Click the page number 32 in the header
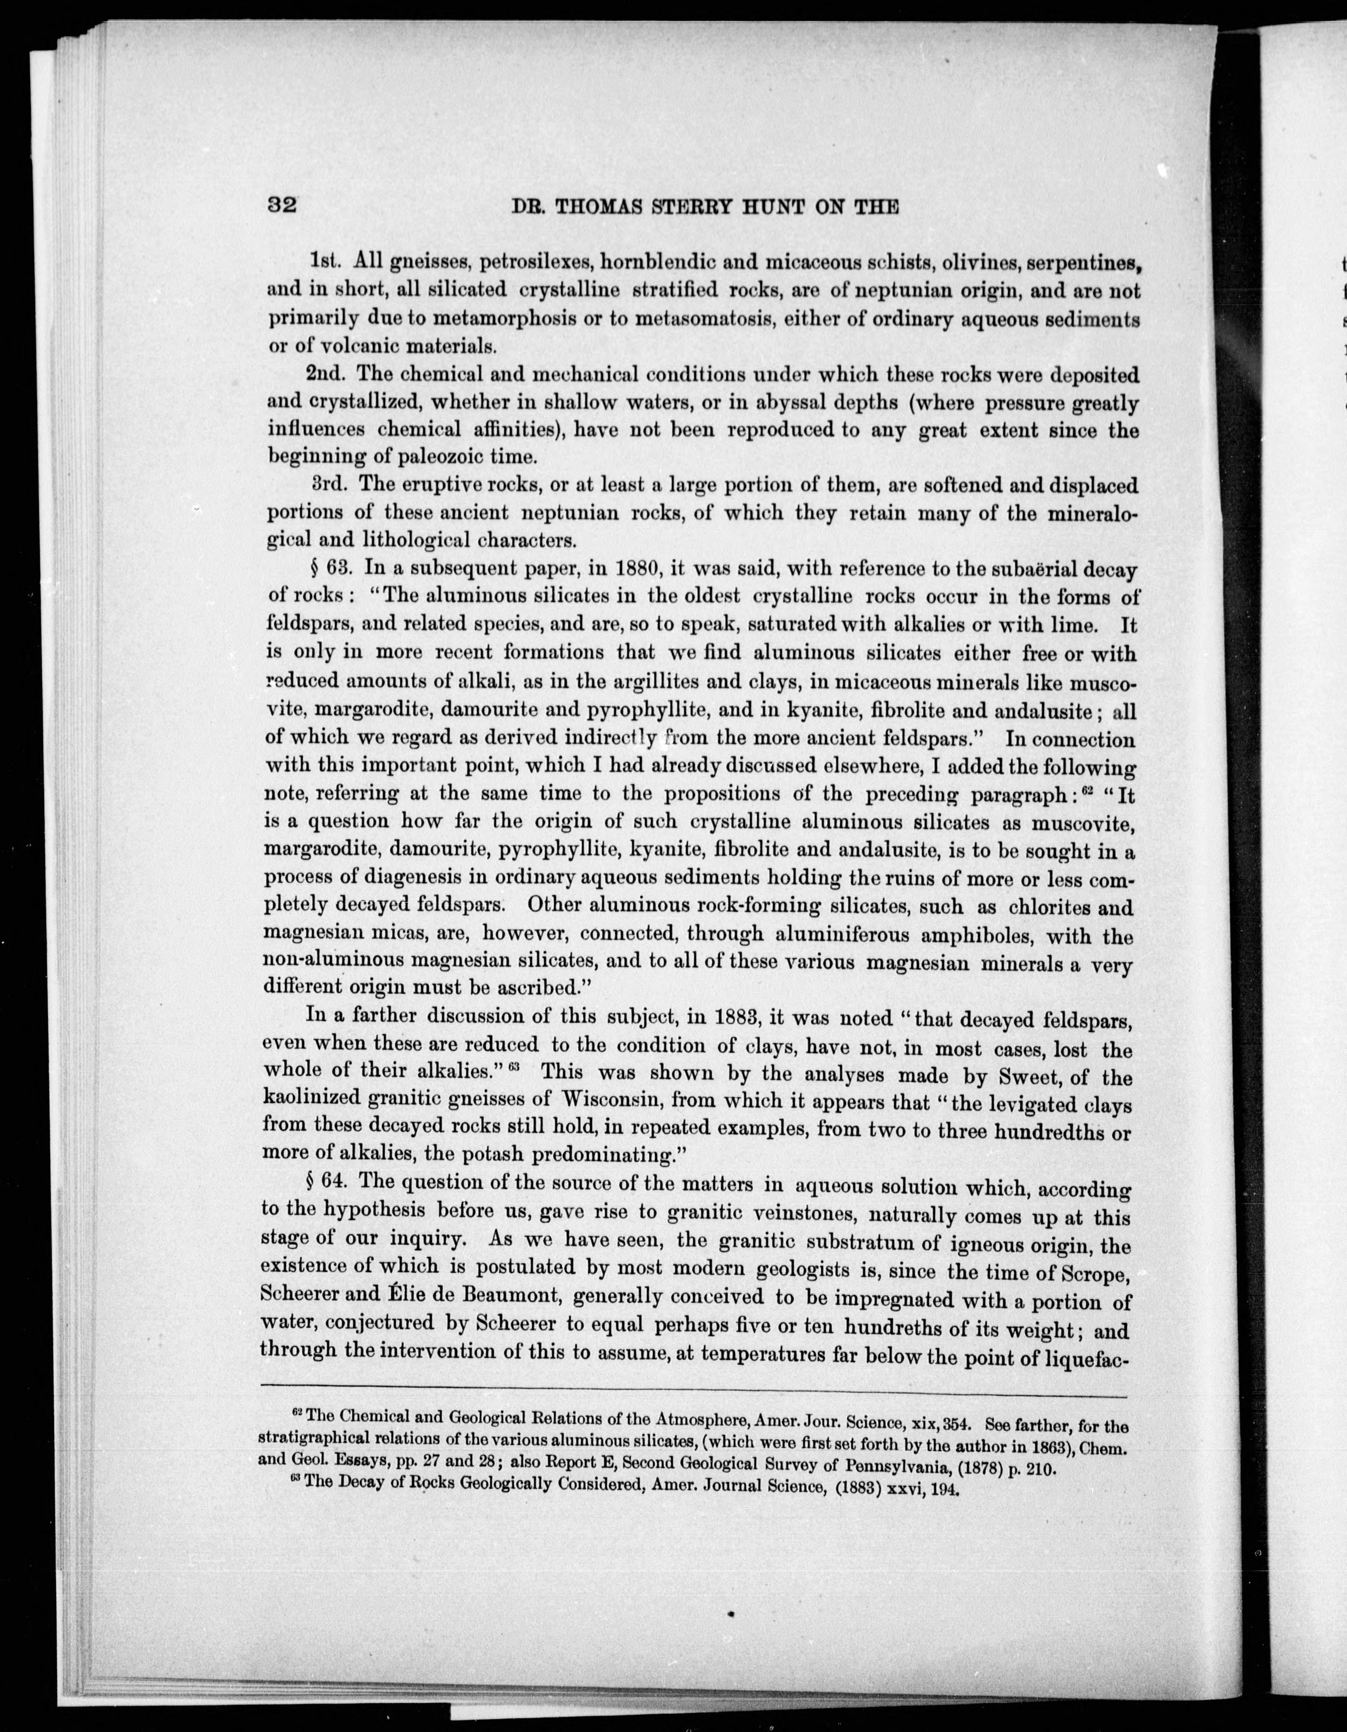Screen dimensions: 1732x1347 click(281, 205)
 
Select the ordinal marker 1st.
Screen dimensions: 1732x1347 click(325, 259)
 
